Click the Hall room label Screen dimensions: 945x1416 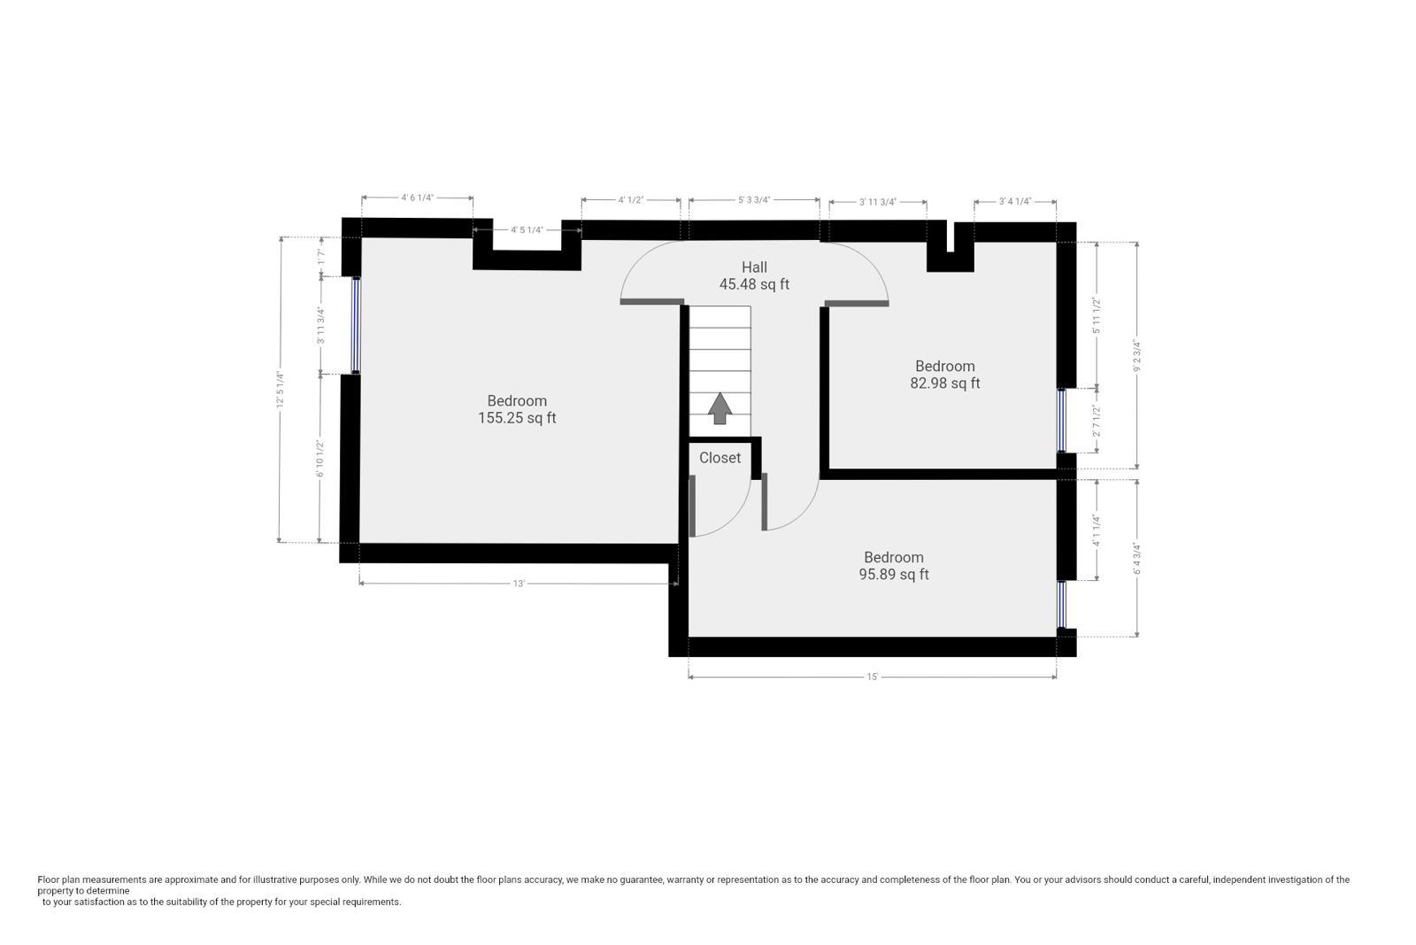pos(754,267)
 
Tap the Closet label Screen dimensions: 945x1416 pos(720,458)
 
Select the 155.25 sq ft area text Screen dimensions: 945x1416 pos(517,418)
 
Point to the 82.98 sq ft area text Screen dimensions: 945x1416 pos(944,383)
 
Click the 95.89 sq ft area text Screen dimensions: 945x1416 pos(894,574)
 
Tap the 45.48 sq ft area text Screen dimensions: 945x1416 pos(754,284)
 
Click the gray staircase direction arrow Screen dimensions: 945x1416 pos(720,408)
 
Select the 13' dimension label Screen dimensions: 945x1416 pos(519,584)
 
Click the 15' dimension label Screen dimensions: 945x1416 pos(872,678)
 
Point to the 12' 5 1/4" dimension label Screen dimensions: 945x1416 pos(280,391)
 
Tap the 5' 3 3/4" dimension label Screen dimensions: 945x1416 pos(754,200)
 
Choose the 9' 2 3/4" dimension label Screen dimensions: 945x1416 pos(1136,354)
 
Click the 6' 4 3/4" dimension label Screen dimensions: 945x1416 pos(1136,558)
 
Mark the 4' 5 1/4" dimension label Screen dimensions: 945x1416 pos(527,230)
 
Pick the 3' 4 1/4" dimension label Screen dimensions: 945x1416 pos(1015,201)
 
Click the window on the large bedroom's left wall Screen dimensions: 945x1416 pos(356,325)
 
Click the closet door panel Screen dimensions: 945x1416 pos(692,506)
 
